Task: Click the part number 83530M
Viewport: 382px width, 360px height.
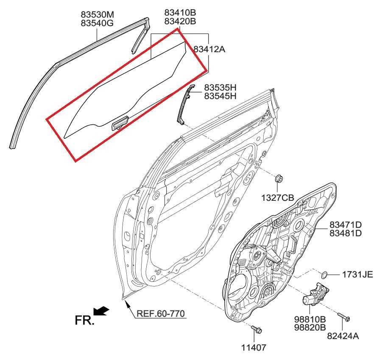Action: (97, 14)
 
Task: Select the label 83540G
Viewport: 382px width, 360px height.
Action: (97, 23)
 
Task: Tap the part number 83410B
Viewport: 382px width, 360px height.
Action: (180, 12)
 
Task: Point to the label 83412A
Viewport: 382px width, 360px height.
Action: (209, 49)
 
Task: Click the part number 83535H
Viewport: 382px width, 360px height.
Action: (220, 87)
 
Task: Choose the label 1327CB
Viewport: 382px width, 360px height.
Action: (278, 197)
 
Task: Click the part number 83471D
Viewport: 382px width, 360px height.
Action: (346, 225)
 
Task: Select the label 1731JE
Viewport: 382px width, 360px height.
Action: (357, 275)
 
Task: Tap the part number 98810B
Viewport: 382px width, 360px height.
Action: (310, 319)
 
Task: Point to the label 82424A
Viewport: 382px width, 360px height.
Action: (343, 336)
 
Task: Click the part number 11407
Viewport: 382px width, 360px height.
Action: (254, 347)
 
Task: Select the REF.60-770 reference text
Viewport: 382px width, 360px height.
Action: (161, 313)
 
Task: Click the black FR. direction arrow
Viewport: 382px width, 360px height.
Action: (101, 311)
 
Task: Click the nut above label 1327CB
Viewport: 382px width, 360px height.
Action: (279, 179)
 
